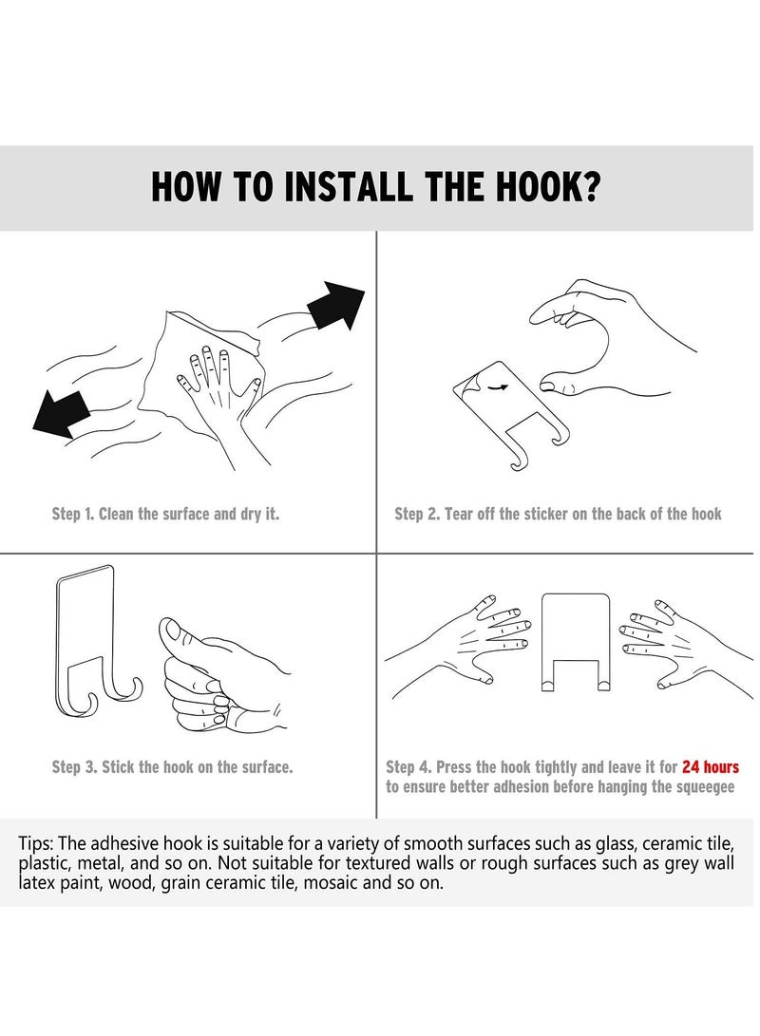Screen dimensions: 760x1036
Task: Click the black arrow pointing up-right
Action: coord(335,305)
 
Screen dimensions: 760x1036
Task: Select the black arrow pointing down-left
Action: coord(61,414)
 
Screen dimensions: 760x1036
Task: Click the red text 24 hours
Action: coord(711,767)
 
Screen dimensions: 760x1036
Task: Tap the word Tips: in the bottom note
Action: coord(36,844)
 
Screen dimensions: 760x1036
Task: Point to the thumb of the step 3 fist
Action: coord(188,636)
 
